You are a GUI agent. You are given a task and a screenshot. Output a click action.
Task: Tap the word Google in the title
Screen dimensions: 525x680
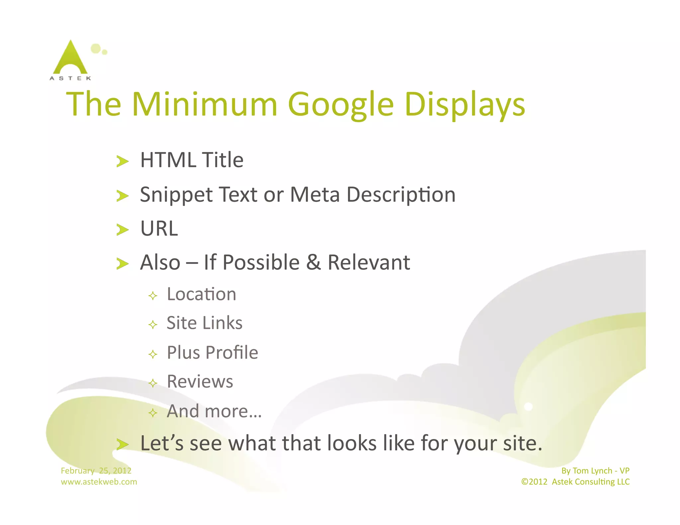coord(341,105)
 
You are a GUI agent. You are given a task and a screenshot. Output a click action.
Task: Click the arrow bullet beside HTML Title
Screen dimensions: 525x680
coord(122,161)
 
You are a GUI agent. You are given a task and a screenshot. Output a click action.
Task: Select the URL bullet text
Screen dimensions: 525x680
coord(159,229)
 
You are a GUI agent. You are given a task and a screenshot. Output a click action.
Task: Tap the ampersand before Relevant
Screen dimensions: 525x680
coord(313,262)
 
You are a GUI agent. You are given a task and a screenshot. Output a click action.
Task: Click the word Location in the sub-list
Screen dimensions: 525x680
coord(201,294)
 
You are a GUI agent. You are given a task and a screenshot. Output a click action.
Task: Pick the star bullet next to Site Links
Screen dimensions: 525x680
coord(153,324)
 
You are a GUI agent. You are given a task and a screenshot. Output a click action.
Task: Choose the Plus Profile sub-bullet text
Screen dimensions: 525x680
coord(212,352)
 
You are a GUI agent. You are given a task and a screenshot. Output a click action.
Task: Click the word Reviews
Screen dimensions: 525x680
coord(200,381)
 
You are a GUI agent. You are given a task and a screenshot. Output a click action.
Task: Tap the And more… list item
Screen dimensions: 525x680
coord(214,411)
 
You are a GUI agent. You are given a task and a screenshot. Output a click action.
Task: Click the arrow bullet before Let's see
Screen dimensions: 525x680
coord(122,444)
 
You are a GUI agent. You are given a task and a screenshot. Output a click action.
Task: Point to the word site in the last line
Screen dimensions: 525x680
coord(522,443)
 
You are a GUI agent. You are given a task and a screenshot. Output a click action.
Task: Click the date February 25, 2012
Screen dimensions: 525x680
coord(96,471)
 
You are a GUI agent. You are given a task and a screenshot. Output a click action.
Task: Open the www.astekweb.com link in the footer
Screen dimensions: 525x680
coord(99,482)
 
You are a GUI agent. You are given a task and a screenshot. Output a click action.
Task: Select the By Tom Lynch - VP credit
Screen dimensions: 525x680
coord(595,471)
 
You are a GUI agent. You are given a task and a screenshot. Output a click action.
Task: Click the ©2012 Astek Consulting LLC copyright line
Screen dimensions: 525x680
coord(575,482)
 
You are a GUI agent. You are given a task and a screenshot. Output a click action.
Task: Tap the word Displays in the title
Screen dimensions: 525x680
coord(465,105)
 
